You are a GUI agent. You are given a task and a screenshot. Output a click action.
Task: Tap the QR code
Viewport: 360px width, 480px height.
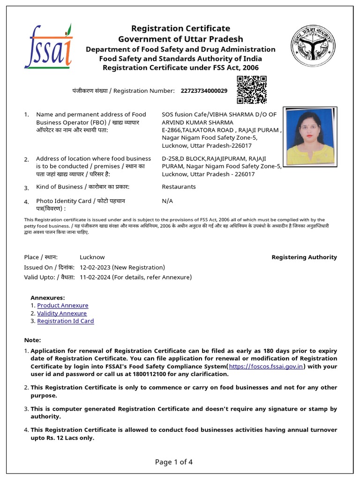tap(252, 90)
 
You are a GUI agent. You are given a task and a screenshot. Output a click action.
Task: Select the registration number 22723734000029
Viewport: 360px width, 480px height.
tap(204, 90)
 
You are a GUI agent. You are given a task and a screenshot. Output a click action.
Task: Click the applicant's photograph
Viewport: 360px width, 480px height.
tap(310, 137)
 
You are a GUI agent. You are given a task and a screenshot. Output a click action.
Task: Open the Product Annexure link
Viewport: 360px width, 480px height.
tap(63, 306)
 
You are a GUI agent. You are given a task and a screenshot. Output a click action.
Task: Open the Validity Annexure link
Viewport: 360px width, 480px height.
tap(62, 314)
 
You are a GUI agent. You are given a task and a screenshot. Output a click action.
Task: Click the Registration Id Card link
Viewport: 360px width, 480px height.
tap(66, 321)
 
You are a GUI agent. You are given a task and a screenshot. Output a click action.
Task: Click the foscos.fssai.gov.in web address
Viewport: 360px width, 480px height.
tap(266, 367)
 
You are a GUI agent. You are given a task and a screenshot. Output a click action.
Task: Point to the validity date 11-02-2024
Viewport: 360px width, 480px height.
tap(95, 277)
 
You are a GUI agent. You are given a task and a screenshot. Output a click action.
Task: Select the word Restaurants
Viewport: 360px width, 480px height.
tap(179, 187)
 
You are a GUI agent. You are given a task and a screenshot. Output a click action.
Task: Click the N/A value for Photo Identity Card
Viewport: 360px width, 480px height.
tap(167, 201)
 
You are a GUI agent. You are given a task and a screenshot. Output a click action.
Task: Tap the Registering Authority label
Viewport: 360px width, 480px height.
tap(304, 257)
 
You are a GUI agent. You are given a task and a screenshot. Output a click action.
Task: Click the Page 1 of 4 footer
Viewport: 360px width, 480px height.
tap(174, 462)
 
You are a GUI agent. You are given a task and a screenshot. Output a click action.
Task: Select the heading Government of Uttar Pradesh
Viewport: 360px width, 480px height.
tap(180, 39)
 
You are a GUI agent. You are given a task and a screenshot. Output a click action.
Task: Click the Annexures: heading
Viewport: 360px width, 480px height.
tap(47, 298)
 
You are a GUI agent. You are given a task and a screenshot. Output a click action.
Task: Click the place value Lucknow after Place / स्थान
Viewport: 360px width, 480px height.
tap(92, 257)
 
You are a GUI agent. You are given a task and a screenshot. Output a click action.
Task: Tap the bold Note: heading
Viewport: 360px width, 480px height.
tap(32, 340)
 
